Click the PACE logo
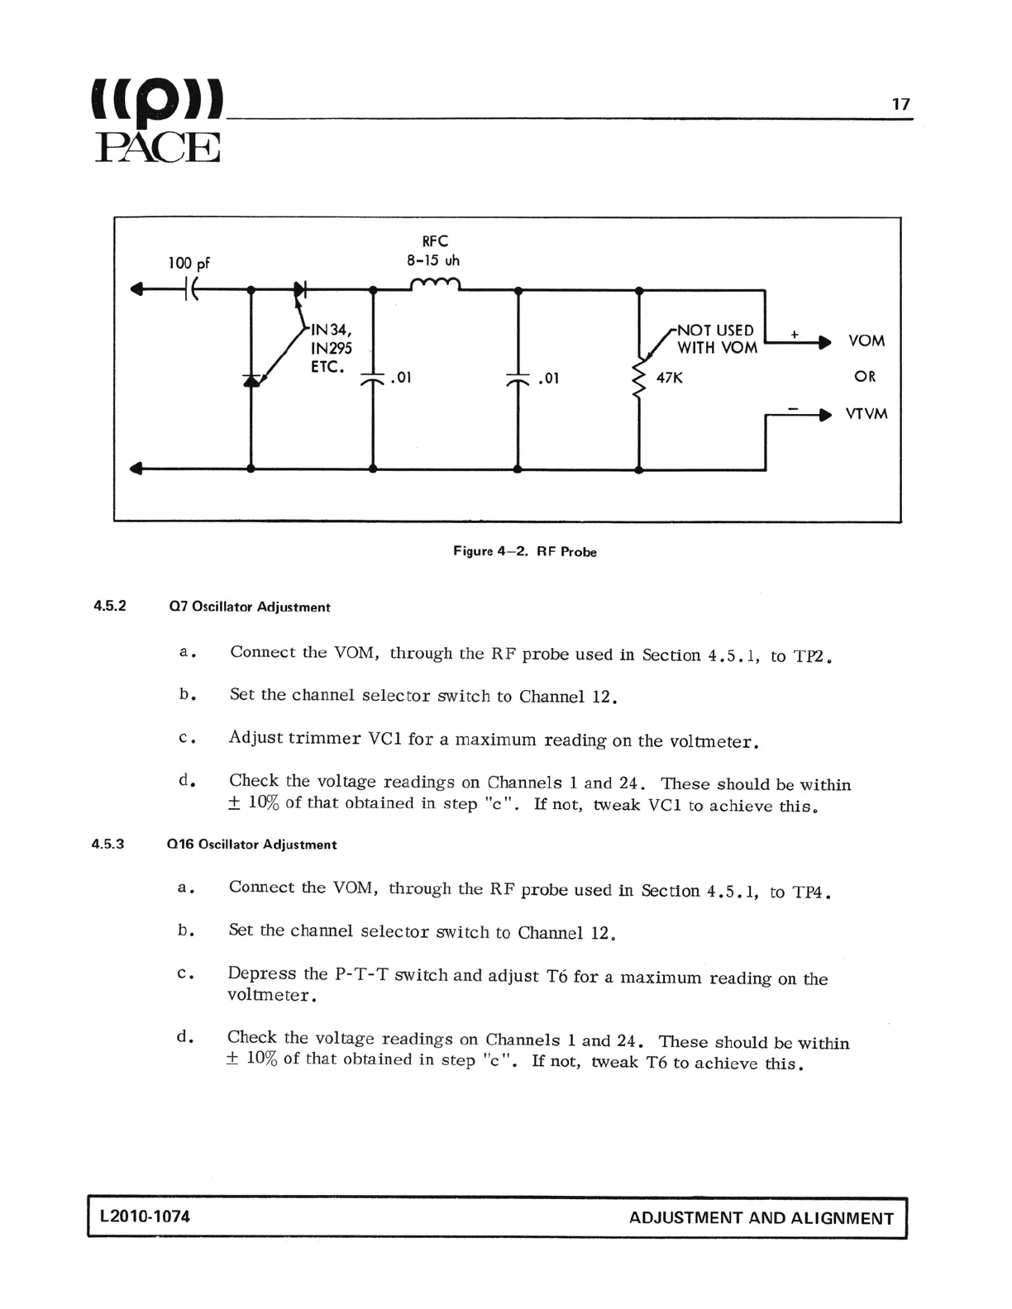[x=158, y=121]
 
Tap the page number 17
[x=900, y=104]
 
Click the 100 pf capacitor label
[x=189, y=263]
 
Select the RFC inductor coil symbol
[x=435, y=285]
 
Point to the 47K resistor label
[x=669, y=378]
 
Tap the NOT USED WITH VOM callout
[x=716, y=339]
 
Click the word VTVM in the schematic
[x=866, y=413]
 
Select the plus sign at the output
[x=794, y=335]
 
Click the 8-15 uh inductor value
[x=433, y=260]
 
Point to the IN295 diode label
[x=331, y=348]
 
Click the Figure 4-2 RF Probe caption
[x=524, y=551]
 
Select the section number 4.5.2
[x=109, y=606]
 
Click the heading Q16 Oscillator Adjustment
[x=251, y=845]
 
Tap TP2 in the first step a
[x=811, y=657]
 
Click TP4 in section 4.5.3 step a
[x=810, y=892]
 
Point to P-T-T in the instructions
[x=361, y=974]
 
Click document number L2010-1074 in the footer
[x=144, y=1216]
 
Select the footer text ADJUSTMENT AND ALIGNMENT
[x=761, y=1218]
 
